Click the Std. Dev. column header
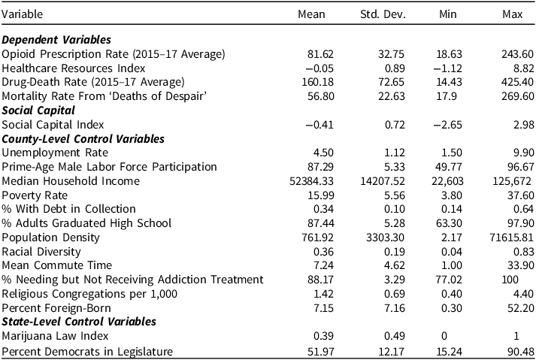click(383, 14)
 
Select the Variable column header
click(23, 14)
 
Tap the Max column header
click(513, 14)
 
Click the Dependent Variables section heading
click(56, 40)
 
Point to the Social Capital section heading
click(38, 110)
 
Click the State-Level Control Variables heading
click(79, 322)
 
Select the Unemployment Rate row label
click(55, 153)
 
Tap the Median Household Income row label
click(71, 181)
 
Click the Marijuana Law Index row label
click(55, 336)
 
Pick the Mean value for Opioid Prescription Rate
click(319, 54)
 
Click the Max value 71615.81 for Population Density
click(511, 237)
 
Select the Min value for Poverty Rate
click(451, 195)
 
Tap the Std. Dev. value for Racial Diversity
click(395, 252)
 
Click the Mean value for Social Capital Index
click(319, 125)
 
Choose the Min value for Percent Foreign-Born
click(451, 308)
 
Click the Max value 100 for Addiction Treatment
click(510, 280)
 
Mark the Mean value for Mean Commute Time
click(323, 265)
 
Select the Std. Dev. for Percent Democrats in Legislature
click(392, 352)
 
